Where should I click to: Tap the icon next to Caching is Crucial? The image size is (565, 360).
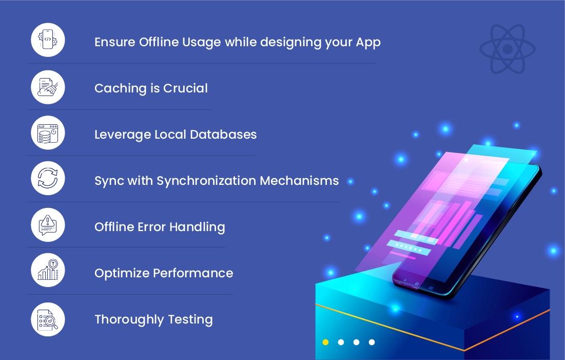tap(48, 87)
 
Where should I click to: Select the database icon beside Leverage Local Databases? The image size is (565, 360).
tap(48, 133)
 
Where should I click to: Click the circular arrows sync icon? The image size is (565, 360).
tap(48, 179)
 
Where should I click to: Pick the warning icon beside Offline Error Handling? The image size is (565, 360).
tap(48, 225)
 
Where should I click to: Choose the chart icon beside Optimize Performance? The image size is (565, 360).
tap(48, 271)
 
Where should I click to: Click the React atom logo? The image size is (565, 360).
tap(507, 49)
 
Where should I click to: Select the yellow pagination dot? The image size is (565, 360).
tap(325, 342)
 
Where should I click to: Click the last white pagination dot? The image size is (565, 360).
tap(372, 342)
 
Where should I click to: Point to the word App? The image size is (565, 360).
tap(368, 42)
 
